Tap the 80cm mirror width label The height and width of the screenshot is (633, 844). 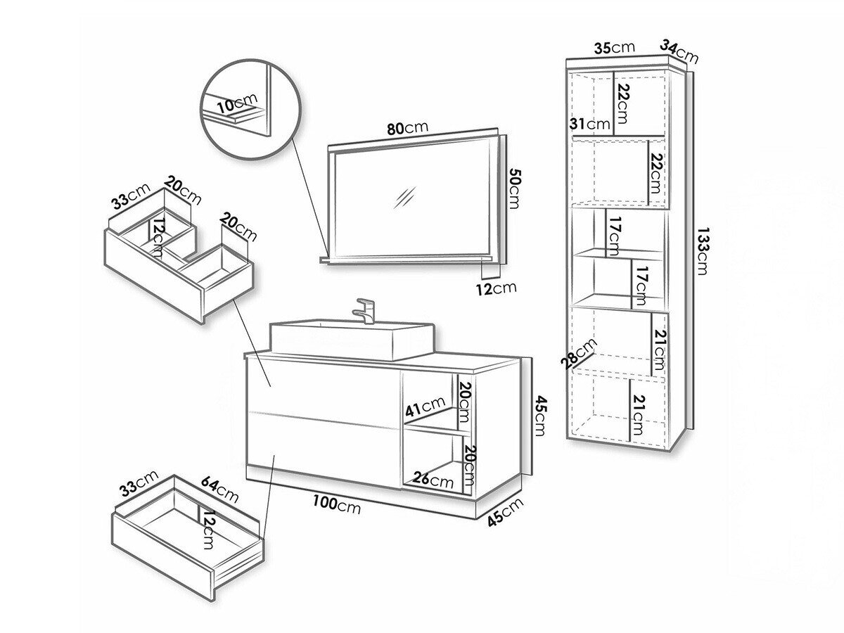pos(407,128)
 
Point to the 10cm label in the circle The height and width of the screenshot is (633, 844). pos(237,104)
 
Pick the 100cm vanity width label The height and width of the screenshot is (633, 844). pos(337,504)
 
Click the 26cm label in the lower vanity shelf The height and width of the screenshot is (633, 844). pos(433,481)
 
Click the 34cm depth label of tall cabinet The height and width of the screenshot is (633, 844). pos(678,51)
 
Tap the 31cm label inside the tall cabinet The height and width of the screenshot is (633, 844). pos(589,124)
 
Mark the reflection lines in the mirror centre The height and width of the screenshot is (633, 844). pos(406,198)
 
